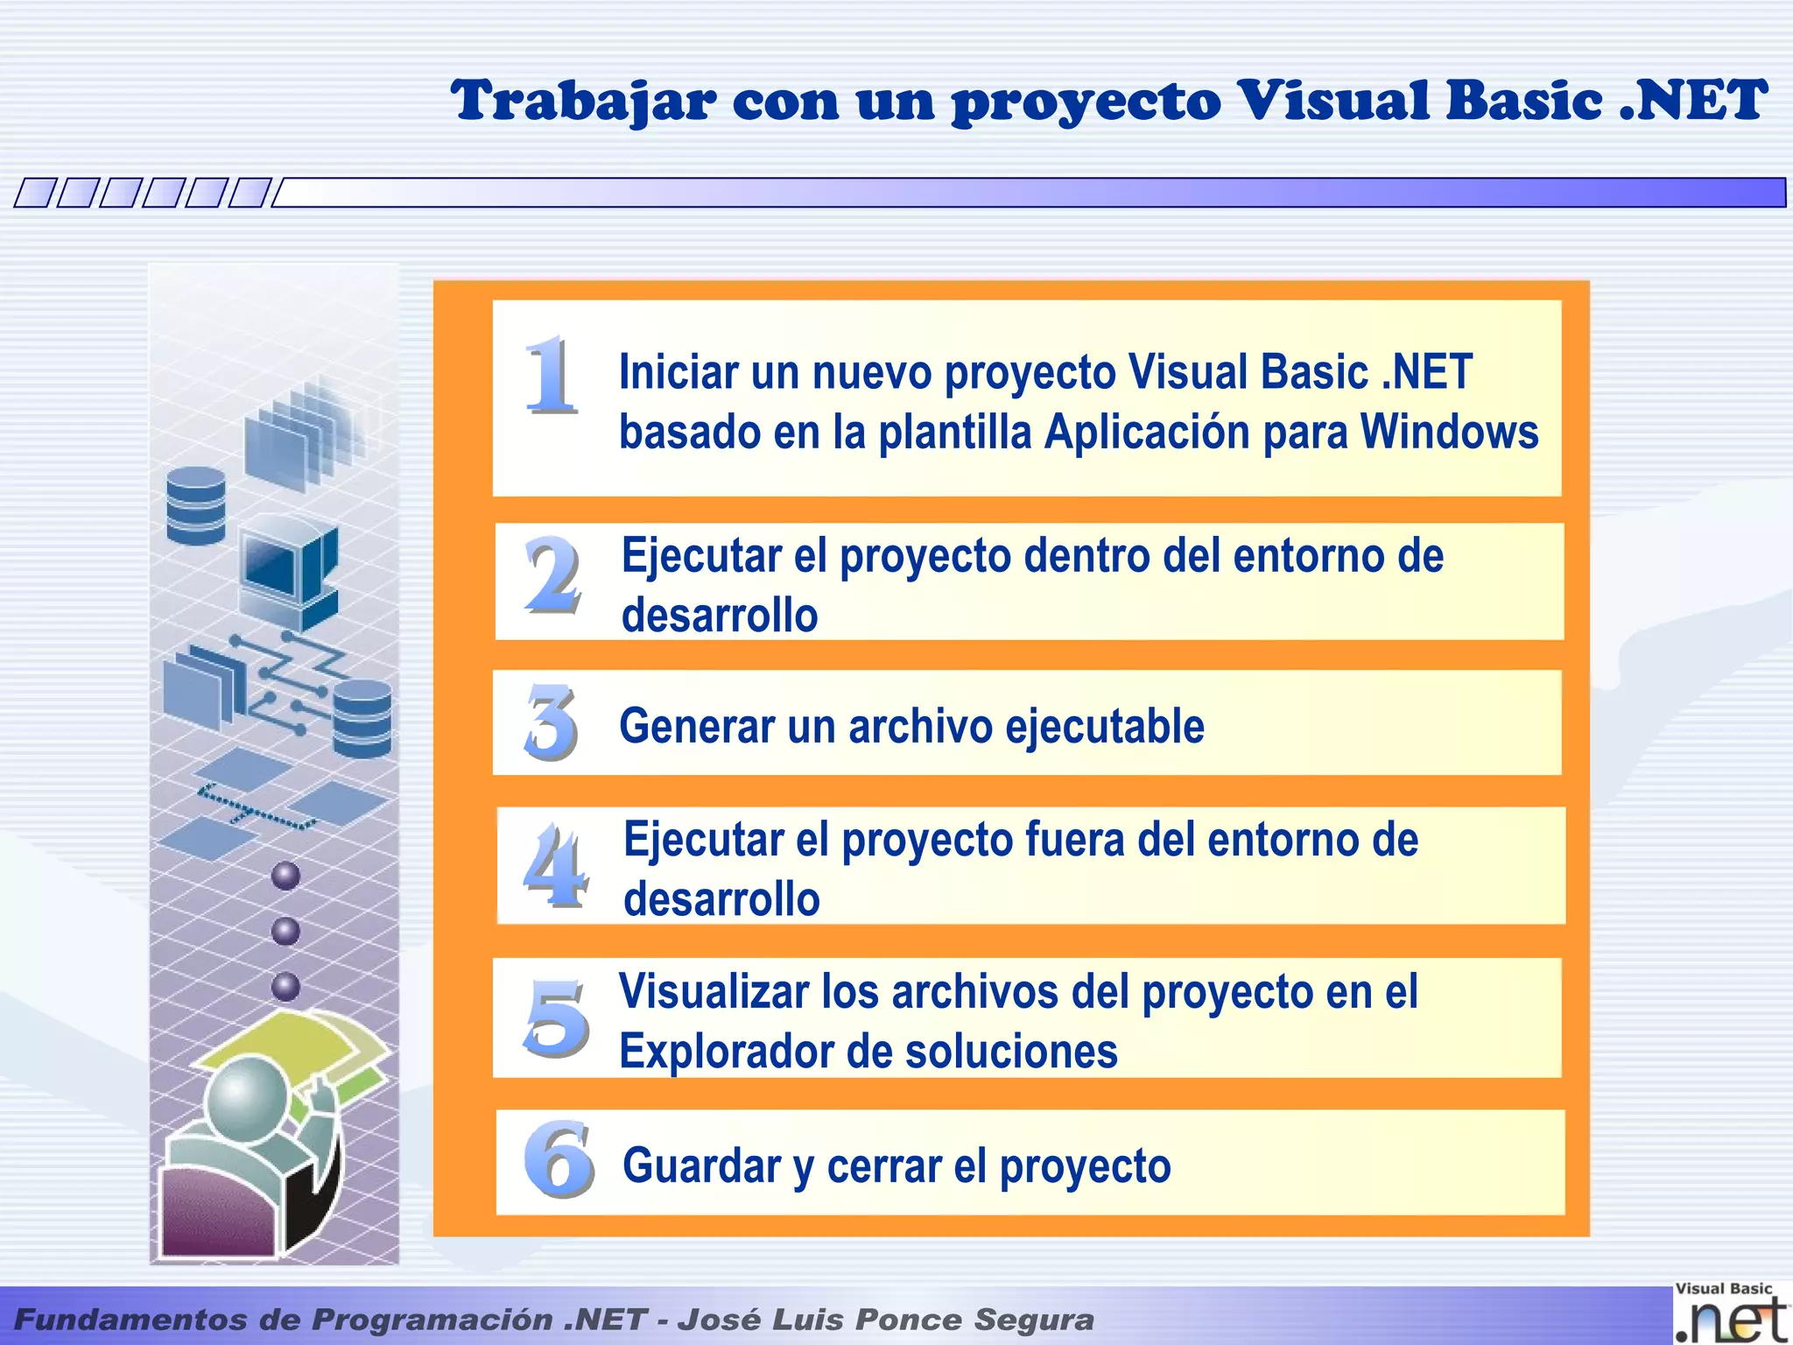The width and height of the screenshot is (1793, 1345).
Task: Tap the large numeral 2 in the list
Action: pos(552,575)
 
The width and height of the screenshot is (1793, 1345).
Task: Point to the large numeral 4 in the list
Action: pos(555,866)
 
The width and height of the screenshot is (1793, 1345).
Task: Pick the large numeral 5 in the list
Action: pos(557,1018)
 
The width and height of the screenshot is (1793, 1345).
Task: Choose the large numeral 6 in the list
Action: pos(559,1159)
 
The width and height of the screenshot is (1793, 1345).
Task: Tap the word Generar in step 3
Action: pos(696,726)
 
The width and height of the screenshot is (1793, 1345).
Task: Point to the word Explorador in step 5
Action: pos(721,1051)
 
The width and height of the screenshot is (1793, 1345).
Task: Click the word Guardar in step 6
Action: pos(701,1165)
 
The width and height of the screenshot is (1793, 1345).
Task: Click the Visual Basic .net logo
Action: pos(1729,1313)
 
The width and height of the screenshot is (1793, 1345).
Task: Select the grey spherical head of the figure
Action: pos(248,1097)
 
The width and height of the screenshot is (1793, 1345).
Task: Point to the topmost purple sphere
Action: pos(285,876)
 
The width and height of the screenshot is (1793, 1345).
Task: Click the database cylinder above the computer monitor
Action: pos(196,505)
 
